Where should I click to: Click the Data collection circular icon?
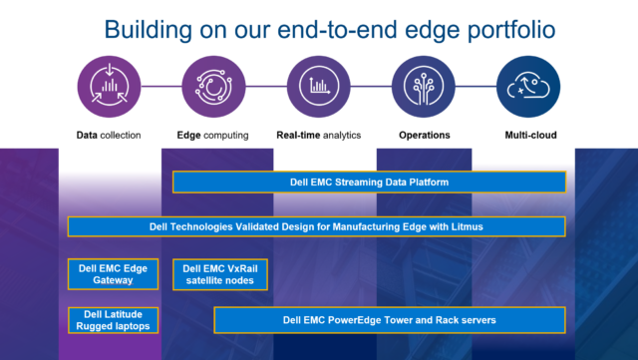click(x=109, y=87)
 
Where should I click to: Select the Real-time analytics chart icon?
click(x=318, y=87)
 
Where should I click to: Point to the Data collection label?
click(x=109, y=135)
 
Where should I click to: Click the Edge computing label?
click(x=213, y=135)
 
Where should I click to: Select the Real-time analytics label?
click(x=318, y=135)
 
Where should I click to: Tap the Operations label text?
click(x=424, y=135)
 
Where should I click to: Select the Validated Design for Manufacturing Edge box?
click(x=316, y=226)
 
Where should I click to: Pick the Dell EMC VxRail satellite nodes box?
click(x=219, y=273)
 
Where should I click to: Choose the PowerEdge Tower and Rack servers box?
click(x=390, y=320)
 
